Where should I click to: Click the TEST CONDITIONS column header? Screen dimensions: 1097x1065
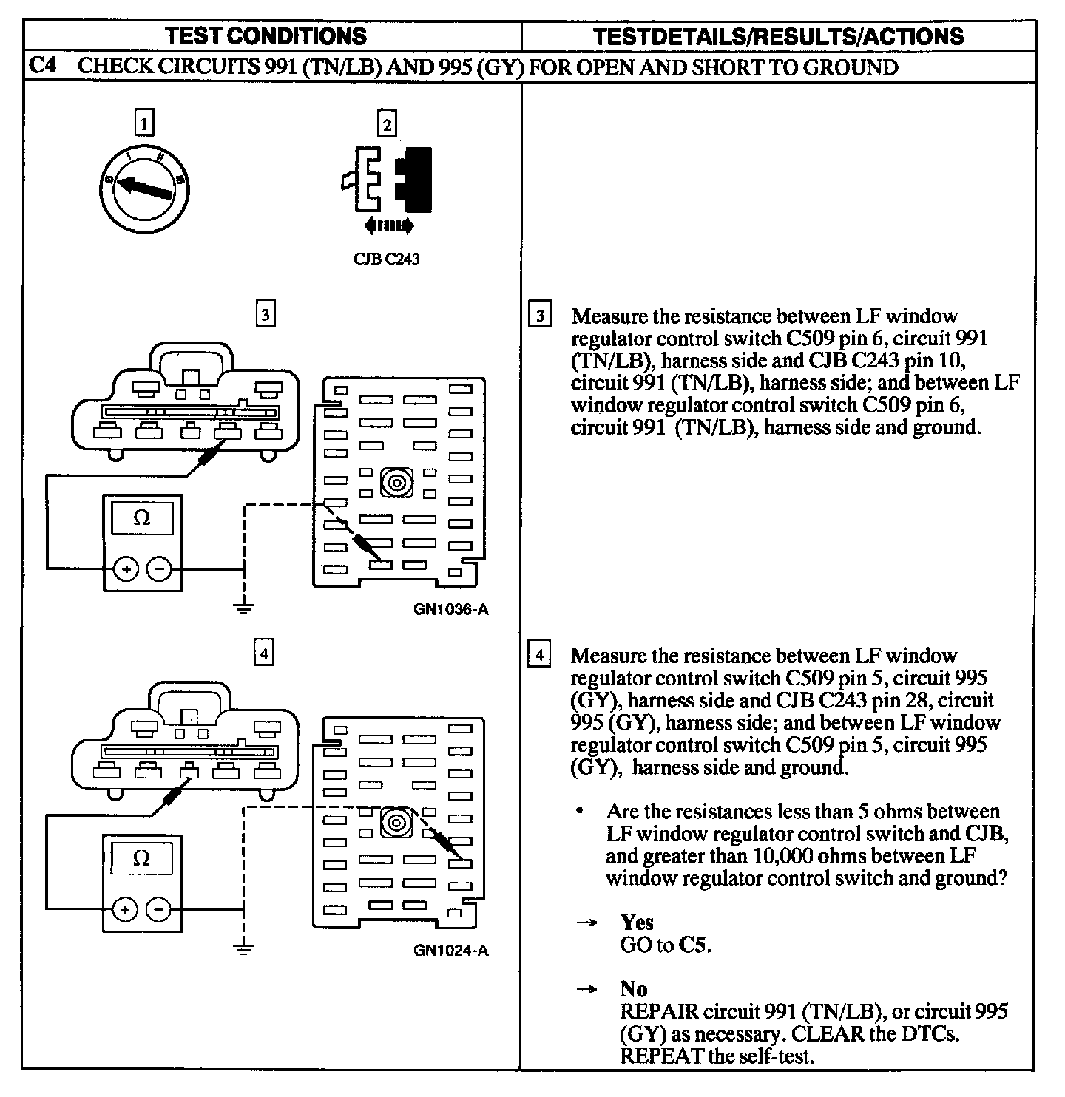pyautogui.click(x=266, y=35)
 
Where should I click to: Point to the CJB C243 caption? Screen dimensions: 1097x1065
pyautogui.click(x=387, y=259)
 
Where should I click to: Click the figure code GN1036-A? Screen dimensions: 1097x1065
pyautogui.click(x=451, y=610)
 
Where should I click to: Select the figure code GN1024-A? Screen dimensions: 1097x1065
pyautogui.click(x=451, y=951)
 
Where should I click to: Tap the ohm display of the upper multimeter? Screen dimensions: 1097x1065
pyautogui.click(x=142, y=519)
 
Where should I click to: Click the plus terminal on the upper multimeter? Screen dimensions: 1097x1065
pyautogui.click(x=126, y=569)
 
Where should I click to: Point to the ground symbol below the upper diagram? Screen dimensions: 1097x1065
pyautogui.click(x=244, y=608)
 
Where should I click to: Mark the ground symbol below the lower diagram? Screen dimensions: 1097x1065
pyautogui.click(x=244, y=948)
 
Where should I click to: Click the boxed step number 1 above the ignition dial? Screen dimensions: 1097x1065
pyautogui.click(x=145, y=123)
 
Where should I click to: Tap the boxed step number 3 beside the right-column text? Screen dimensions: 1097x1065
pyautogui.click(x=541, y=316)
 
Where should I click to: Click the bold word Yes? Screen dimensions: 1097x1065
pyautogui.click(x=637, y=923)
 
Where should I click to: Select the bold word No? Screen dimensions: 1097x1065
pyautogui.click(x=634, y=989)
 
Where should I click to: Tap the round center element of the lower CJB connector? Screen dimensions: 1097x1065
pyautogui.click(x=396, y=823)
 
